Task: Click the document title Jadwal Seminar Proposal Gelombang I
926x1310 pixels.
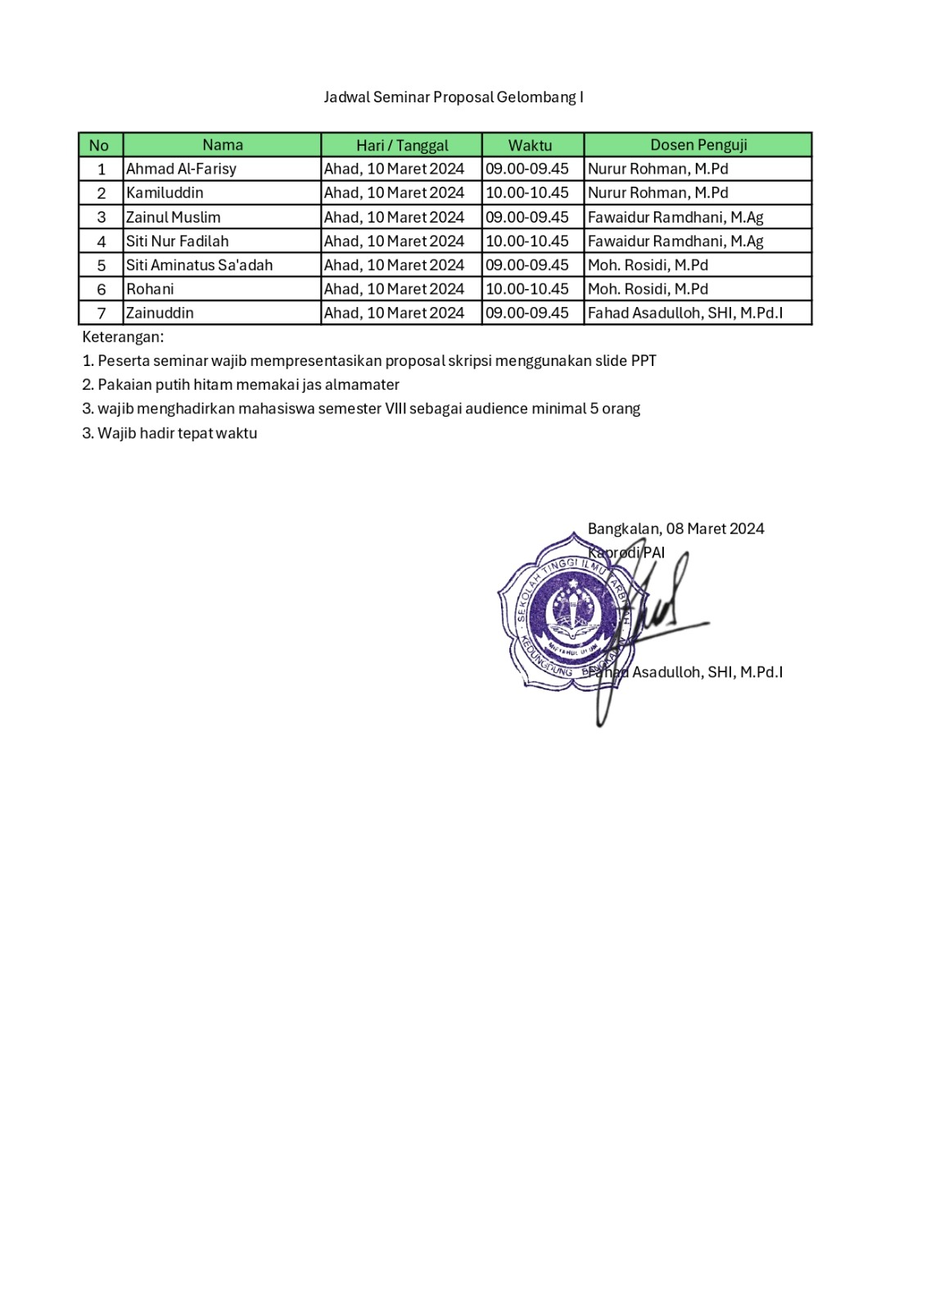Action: (x=453, y=97)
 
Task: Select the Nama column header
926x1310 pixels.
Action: (x=222, y=145)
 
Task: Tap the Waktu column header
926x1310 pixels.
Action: (x=530, y=145)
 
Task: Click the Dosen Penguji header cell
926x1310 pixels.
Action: (x=698, y=145)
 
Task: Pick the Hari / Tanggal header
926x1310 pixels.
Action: (x=402, y=145)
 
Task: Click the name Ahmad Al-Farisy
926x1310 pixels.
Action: (x=181, y=169)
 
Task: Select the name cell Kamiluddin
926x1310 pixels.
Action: (x=165, y=192)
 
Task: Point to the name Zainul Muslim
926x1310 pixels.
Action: (x=173, y=217)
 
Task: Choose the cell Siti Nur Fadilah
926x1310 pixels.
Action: (x=177, y=241)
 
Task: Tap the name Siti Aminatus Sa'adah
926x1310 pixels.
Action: (x=199, y=264)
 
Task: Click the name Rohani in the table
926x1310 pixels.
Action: (x=150, y=289)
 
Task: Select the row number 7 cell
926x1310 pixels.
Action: (x=102, y=313)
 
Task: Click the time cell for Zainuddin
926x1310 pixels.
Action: (x=527, y=313)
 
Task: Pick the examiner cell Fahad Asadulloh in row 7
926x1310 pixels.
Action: (x=685, y=313)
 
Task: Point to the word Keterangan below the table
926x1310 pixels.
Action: (x=123, y=337)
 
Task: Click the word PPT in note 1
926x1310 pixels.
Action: (x=644, y=360)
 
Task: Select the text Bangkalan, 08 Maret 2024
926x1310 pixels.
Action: (x=675, y=529)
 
